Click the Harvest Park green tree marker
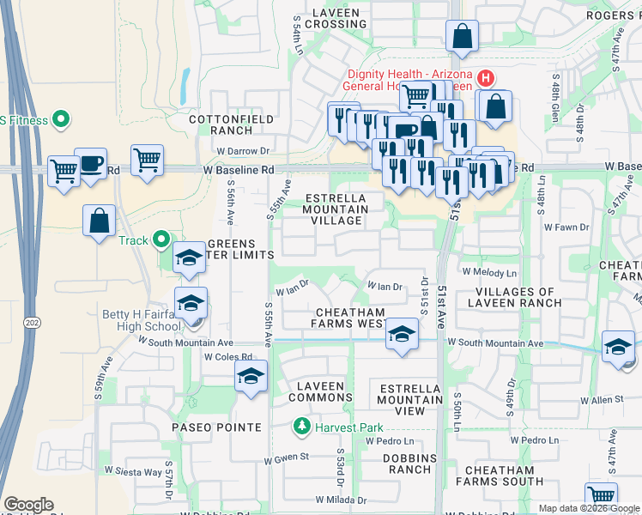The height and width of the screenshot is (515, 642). pos(301,426)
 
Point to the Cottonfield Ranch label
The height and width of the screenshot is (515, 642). pos(220,124)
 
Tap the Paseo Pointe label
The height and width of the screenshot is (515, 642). pos(216,427)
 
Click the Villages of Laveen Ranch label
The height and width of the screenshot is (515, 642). pos(517,296)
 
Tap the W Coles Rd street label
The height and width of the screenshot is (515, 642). pos(227,357)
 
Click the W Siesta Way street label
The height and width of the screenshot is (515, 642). pos(133,471)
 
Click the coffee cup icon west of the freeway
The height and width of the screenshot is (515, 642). pos(90,162)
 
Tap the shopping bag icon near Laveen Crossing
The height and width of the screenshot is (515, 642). pos(461,36)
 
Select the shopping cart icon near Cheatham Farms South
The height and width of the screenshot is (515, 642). pos(601,496)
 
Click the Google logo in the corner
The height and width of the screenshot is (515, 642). pos(28,505)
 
